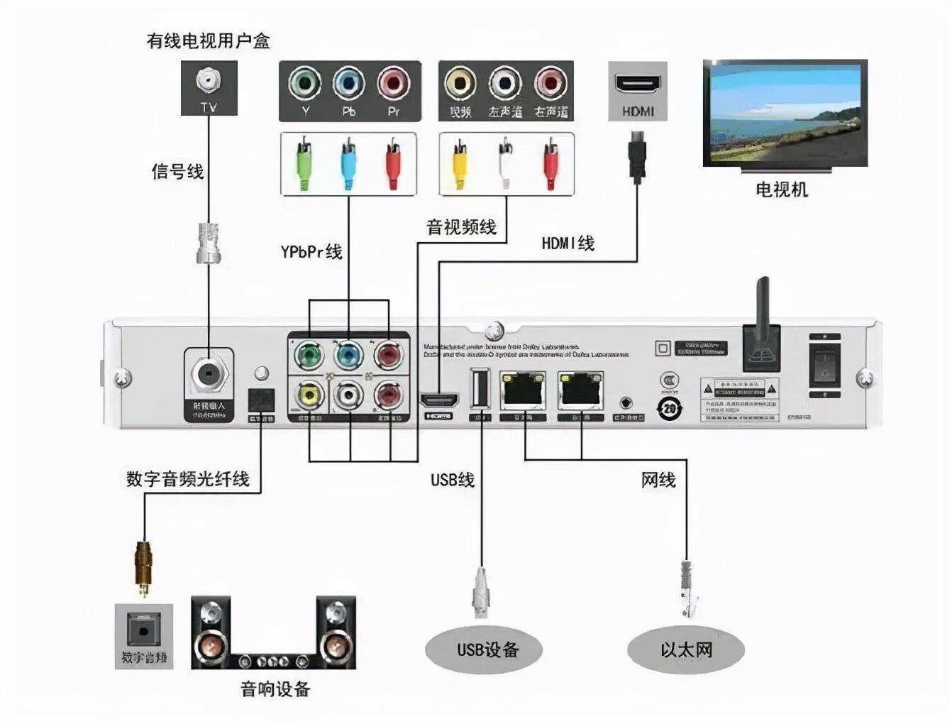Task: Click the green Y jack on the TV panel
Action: (305, 84)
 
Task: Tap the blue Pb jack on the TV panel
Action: (349, 84)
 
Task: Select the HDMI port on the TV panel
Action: (637, 84)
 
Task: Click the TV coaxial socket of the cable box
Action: (209, 81)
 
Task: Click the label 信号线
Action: (177, 172)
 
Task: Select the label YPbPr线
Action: (311, 252)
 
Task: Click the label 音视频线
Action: (461, 227)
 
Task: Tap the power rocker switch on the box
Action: (824, 365)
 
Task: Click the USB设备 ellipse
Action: (484, 649)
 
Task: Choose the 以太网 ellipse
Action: (685, 649)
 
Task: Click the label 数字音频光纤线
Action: (188, 479)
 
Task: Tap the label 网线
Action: (658, 481)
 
